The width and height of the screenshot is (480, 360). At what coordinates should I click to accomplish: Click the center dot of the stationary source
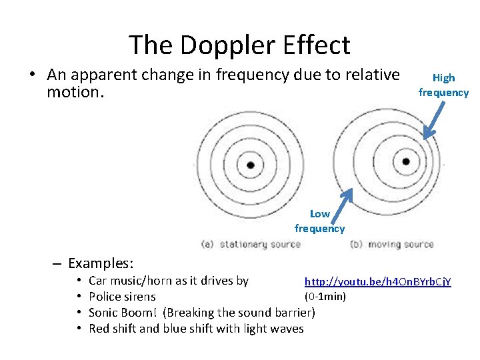(x=250, y=165)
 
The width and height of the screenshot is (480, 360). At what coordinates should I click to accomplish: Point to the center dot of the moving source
(x=406, y=161)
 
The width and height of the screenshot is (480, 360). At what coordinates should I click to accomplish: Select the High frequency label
(x=443, y=85)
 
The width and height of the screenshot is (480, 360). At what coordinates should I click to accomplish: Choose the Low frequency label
(x=319, y=221)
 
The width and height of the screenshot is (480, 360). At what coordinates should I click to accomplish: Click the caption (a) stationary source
(x=251, y=244)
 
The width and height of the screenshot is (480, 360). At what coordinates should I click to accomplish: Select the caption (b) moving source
(x=392, y=244)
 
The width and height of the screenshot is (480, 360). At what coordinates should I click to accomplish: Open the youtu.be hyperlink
(x=377, y=282)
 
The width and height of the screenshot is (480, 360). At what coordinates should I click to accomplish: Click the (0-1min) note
(x=325, y=296)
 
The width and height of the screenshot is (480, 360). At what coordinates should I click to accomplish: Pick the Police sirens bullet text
(x=122, y=297)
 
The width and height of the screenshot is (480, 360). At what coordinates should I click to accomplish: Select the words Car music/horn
(x=129, y=281)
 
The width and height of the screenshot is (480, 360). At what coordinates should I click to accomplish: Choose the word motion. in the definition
(x=75, y=91)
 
